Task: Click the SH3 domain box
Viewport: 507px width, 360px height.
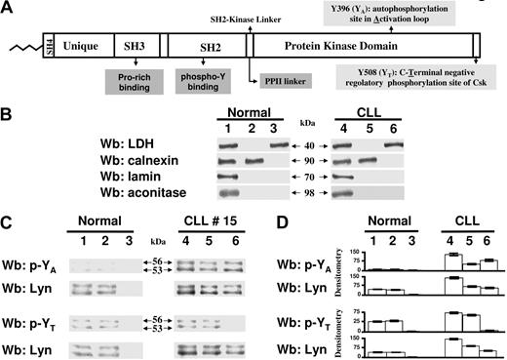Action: (x=135, y=45)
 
